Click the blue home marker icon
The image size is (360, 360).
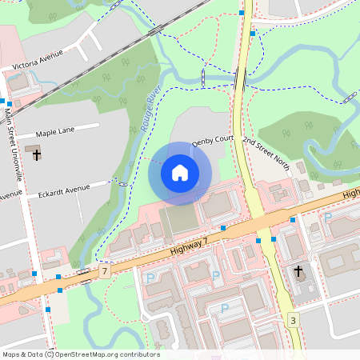[x=180, y=173]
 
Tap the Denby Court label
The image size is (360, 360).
[x=211, y=141]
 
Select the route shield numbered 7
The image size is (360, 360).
[x=105, y=272]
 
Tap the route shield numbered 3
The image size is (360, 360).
[x=294, y=320]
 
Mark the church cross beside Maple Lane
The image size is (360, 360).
[x=36, y=154]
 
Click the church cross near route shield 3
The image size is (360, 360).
[x=298, y=272]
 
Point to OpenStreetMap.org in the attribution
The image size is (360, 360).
[x=87, y=354]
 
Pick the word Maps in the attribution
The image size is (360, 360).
[x=12, y=354]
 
